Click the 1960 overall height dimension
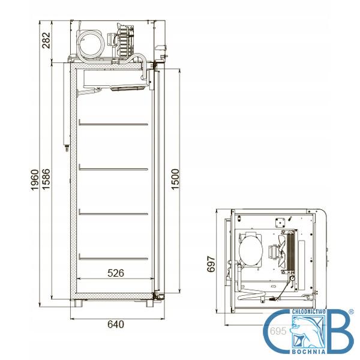click(x=35, y=180)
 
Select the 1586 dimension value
click(x=46, y=179)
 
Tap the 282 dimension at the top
click(x=46, y=40)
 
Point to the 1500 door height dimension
click(x=175, y=179)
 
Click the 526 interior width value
click(x=116, y=273)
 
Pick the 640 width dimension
click(x=116, y=325)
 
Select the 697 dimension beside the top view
click(x=211, y=264)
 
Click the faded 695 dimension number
click(x=278, y=331)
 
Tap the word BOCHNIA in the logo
click(x=308, y=352)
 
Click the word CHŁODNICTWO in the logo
click(x=308, y=311)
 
